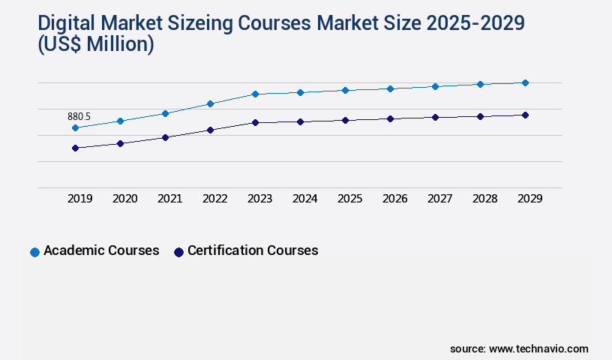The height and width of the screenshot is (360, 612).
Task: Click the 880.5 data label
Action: (79, 116)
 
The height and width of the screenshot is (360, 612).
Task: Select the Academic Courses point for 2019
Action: (75, 128)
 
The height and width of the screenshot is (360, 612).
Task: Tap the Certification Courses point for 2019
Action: (75, 148)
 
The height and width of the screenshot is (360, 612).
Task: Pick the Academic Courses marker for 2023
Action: (255, 94)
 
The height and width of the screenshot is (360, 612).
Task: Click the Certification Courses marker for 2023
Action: (255, 122)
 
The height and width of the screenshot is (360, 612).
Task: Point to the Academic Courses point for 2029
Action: (525, 82)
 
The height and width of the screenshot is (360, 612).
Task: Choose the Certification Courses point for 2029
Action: (525, 115)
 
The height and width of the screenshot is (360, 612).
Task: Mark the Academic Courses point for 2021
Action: (165, 113)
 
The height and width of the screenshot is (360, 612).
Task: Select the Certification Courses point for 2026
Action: (390, 118)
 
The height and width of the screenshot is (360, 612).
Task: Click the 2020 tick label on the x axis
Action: (125, 199)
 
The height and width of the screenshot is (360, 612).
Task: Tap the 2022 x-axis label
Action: (215, 199)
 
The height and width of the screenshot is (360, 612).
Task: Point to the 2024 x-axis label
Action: (305, 199)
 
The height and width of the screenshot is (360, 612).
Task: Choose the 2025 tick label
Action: (350, 199)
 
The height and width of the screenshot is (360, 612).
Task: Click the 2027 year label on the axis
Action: (440, 199)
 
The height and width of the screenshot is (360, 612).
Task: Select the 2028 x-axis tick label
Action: (485, 199)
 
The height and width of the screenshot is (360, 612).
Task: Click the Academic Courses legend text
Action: (101, 250)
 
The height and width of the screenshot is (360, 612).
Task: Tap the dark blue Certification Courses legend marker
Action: (178, 252)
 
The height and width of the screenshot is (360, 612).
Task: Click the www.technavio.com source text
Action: (538, 349)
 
